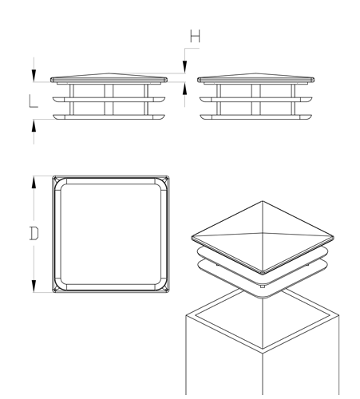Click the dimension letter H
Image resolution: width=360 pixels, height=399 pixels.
pos(195,37)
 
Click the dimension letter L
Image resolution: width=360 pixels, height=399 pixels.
pos(34,101)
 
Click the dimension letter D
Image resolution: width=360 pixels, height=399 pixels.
pos(34,233)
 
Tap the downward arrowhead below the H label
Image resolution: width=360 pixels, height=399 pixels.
pos(184,67)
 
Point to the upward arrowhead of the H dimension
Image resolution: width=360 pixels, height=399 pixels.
pos(184,89)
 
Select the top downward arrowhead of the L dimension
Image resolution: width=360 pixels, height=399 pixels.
pos(34,76)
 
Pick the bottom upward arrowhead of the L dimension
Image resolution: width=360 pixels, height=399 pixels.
pos(34,125)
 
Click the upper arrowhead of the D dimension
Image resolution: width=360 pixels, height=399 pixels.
pos(34,183)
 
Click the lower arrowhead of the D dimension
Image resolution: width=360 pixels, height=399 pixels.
pos(34,286)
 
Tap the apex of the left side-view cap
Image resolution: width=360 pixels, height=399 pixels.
pos(109,73)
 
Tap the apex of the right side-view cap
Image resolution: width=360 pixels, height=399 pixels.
pos(255,73)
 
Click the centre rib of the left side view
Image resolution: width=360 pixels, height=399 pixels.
pos(109,100)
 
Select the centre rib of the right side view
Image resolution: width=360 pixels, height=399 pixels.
pos(255,100)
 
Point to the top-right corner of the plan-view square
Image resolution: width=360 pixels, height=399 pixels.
pos(168,177)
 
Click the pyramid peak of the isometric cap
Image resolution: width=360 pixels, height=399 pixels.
pos(263,201)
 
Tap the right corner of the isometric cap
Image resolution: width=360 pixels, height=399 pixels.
pos(333,238)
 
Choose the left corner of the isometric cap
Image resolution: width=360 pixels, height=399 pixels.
pos(192,237)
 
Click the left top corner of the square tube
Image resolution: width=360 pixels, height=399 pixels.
pos(186,315)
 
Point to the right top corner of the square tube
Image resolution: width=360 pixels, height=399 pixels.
pos(338,315)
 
